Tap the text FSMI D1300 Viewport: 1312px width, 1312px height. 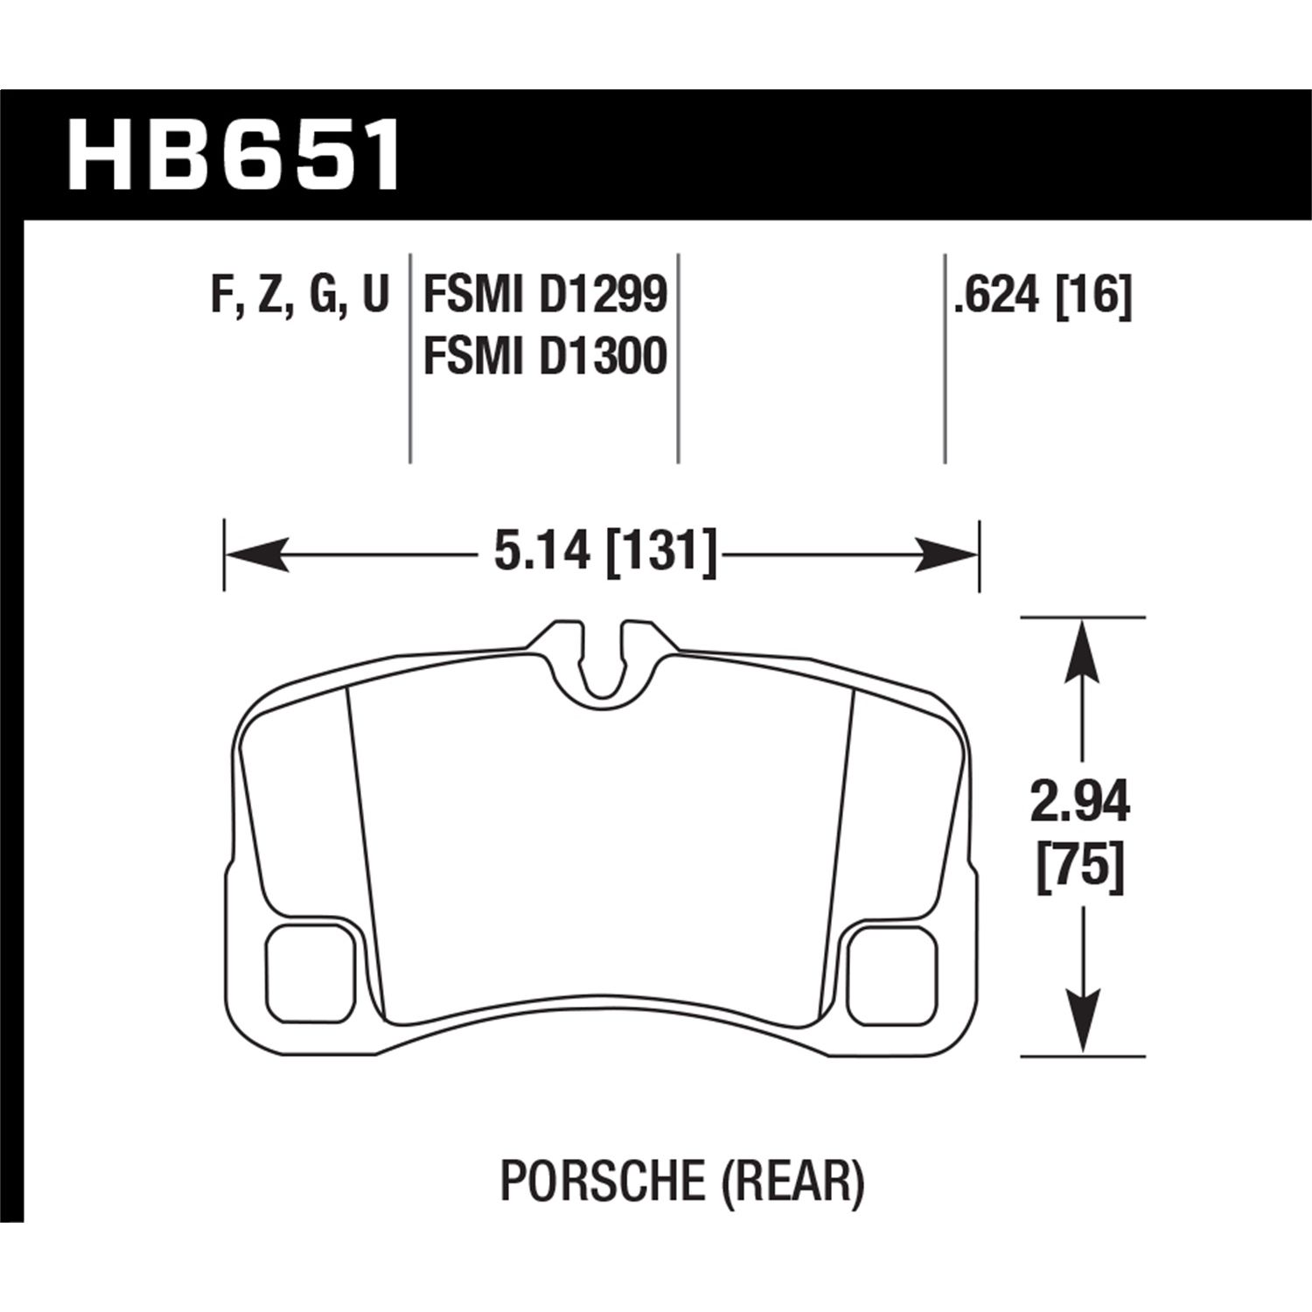click(545, 357)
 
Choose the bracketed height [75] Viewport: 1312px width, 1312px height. click(1080, 869)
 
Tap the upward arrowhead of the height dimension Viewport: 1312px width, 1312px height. click(1082, 647)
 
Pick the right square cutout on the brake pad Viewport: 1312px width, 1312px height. click(893, 972)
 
